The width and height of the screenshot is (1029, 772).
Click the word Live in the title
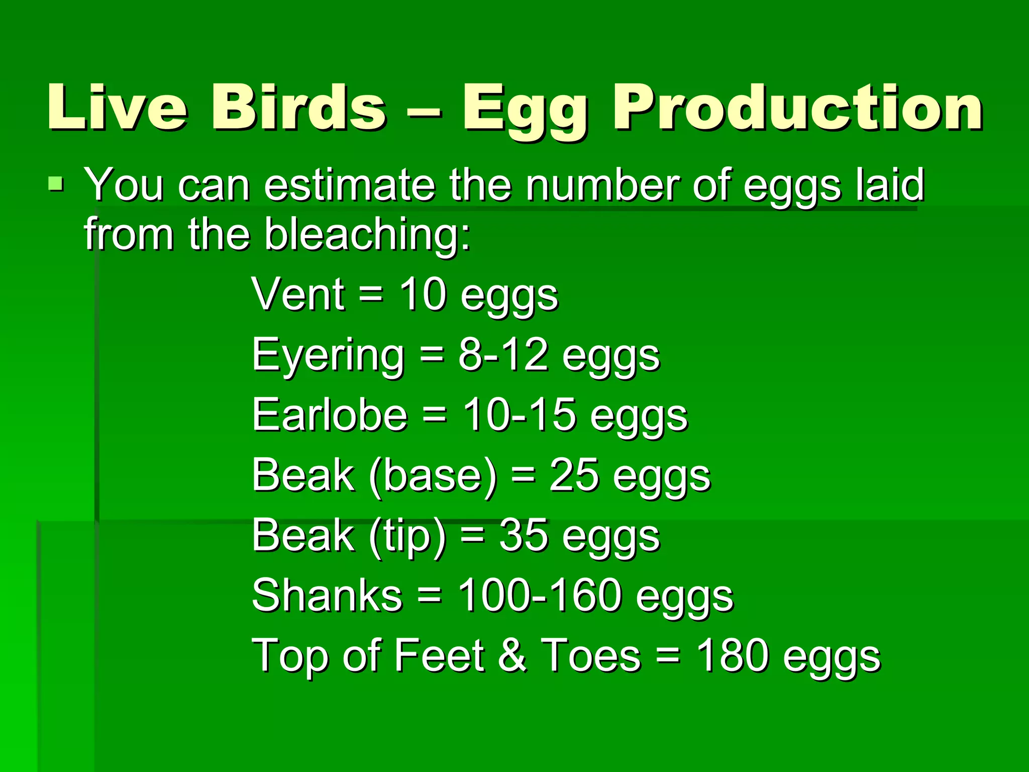click(117, 107)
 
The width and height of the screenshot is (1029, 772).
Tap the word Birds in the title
click(298, 107)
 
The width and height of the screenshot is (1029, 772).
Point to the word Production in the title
click(797, 107)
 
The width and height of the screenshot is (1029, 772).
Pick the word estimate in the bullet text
click(349, 185)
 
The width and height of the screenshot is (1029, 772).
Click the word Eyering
click(328, 356)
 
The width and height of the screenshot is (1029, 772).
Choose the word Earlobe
click(330, 415)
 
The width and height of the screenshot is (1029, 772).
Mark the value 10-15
click(519, 415)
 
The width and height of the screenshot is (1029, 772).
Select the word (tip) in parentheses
click(407, 536)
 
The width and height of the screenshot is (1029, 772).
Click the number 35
click(523, 536)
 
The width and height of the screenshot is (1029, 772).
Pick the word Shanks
click(327, 596)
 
